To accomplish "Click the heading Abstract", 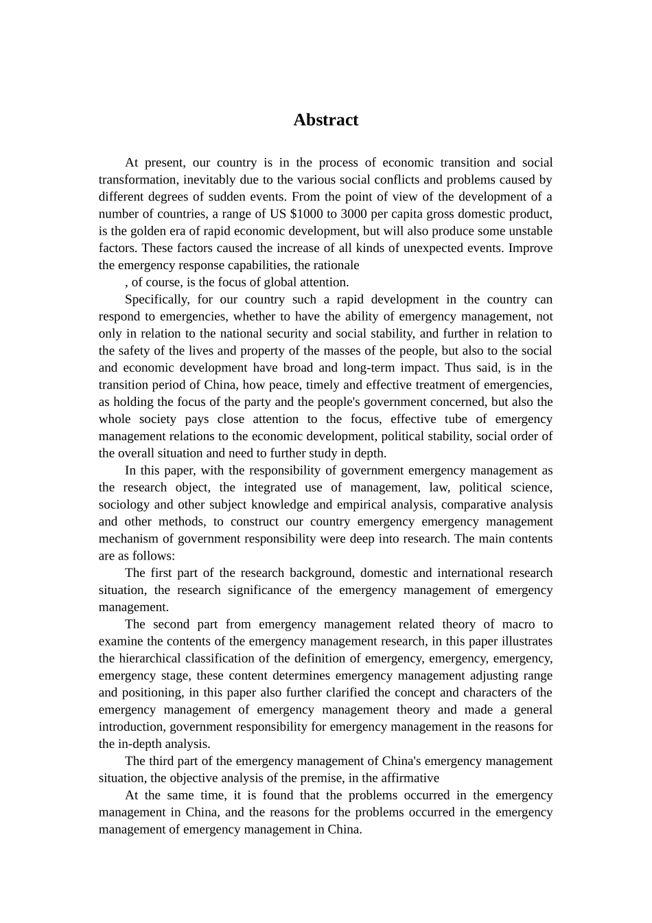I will [325, 120].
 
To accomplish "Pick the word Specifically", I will [156, 299].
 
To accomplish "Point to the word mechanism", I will [126, 539].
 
